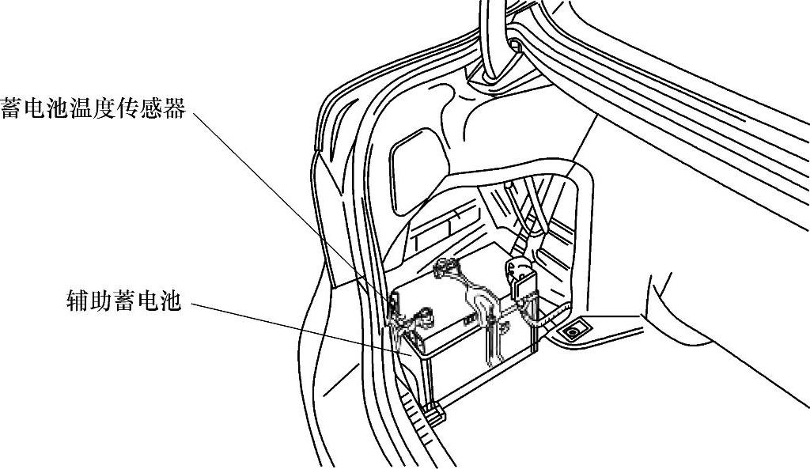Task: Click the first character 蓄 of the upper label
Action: click(11, 109)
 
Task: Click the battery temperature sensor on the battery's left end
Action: click(393, 304)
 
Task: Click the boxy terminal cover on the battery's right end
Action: click(522, 277)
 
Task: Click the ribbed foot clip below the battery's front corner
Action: click(433, 410)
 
